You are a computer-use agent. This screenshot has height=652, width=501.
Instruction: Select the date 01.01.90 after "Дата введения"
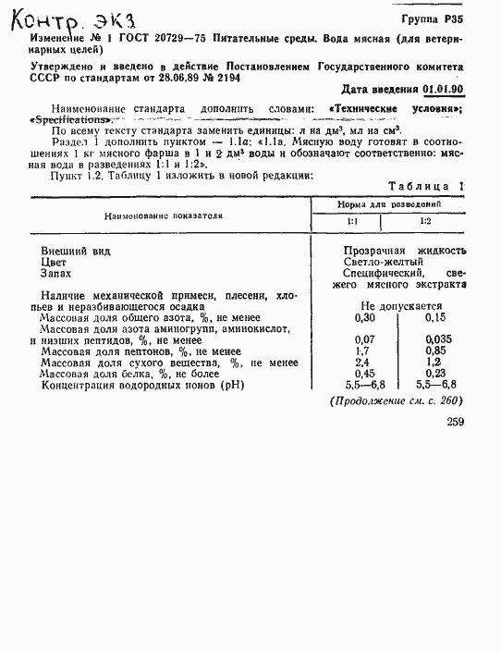tap(444, 90)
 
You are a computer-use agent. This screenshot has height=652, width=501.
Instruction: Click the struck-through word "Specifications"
tap(72, 119)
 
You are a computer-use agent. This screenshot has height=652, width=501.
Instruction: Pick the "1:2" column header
tap(424, 221)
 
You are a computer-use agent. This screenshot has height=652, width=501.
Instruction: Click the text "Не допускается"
tap(400, 305)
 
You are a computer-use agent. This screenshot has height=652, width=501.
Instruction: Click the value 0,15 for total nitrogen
tap(435, 317)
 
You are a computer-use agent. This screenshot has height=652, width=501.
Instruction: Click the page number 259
tap(454, 422)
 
